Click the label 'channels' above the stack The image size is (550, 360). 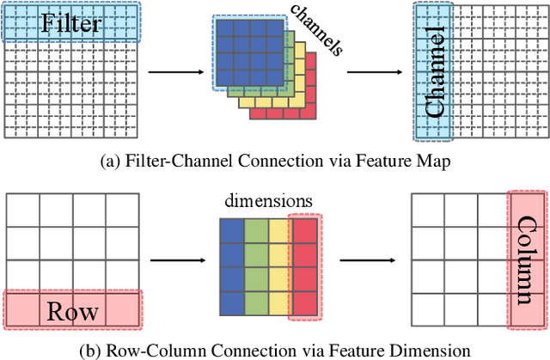(315, 31)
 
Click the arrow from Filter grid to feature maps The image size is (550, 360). (177, 70)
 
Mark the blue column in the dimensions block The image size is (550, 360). (232, 267)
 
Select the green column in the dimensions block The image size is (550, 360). (256, 267)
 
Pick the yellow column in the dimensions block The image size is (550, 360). (280, 267)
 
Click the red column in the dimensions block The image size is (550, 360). (304, 267)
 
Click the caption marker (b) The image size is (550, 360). (92, 350)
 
